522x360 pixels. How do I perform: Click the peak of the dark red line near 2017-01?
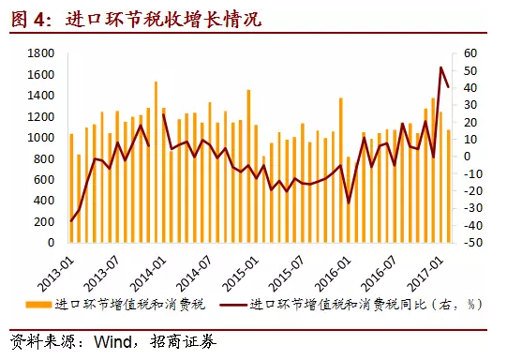point(441,67)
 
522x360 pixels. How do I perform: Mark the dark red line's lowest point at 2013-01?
point(71,221)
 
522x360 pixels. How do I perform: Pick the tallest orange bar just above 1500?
point(156,82)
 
